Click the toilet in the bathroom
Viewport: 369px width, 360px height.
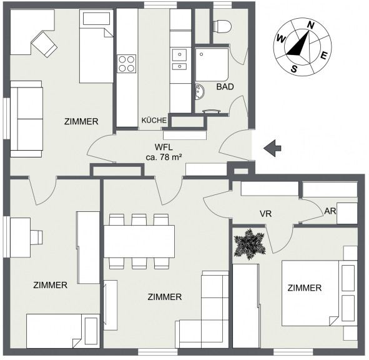click(x=222, y=26)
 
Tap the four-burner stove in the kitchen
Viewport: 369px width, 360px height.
click(x=127, y=64)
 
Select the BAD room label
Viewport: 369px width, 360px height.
click(x=225, y=87)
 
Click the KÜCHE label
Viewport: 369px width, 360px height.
click(x=154, y=120)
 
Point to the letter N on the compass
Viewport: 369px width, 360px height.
click(x=311, y=25)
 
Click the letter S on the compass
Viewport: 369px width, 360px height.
click(x=294, y=69)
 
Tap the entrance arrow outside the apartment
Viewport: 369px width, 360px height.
click(x=272, y=148)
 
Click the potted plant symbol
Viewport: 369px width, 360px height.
click(x=250, y=244)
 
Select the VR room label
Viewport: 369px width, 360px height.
click(x=266, y=214)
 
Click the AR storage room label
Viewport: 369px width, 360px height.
click(x=330, y=211)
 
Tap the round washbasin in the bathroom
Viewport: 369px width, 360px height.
click(x=200, y=92)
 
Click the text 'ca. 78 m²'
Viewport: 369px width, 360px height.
click(x=164, y=157)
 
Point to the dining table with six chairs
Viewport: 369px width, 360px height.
click(x=139, y=241)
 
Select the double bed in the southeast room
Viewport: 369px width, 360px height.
click(x=320, y=293)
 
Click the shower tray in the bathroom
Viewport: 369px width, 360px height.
click(x=212, y=65)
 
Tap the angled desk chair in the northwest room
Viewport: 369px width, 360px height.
click(x=44, y=44)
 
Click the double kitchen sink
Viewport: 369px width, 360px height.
click(x=179, y=59)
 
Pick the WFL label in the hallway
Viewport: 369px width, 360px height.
click(x=164, y=147)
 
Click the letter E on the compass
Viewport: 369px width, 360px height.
click(x=324, y=56)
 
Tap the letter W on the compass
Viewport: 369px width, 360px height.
click(x=281, y=38)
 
